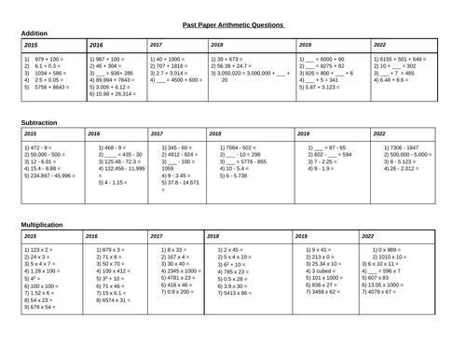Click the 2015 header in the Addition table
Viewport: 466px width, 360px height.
click(x=32, y=44)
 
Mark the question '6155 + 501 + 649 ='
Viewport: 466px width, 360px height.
click(x=404, y=59)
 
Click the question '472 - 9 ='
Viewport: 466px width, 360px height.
click(x=38, y=147)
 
